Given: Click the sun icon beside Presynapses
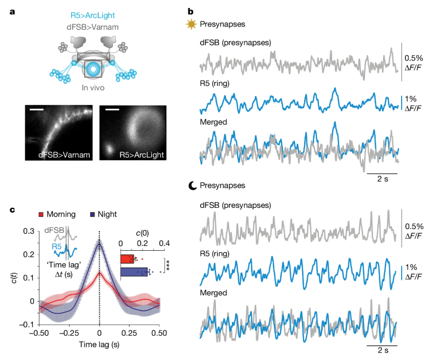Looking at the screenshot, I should pyautogui.click(x=190, y=24).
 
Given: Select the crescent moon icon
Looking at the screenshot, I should pyautogui.click(x=193, y=186).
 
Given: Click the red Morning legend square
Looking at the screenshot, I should pyautogui.click(x=40, y=215).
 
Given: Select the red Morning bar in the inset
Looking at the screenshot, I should pyautogui.click(x=127, y=259).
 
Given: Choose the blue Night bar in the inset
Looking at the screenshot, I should pyautogui.click(x=134, y=271).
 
